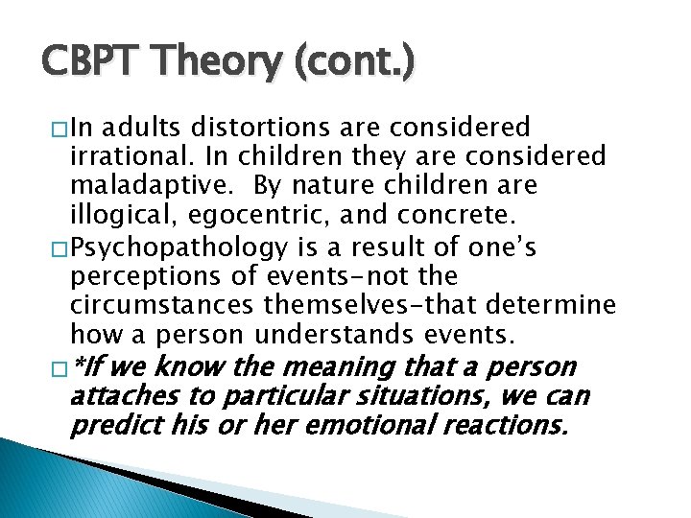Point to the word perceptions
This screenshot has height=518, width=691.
[134, 277]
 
